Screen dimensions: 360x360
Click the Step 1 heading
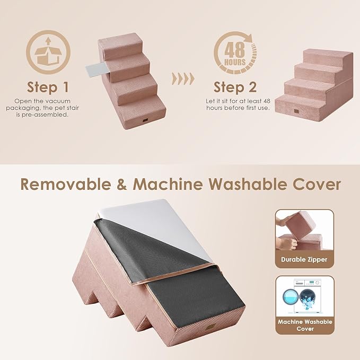(48, 87)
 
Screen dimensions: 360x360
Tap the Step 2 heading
(235, 87)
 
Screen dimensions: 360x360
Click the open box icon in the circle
(48, 51)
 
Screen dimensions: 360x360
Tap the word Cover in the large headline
(315, 184)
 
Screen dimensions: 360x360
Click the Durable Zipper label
(304, 260)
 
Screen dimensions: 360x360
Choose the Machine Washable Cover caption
(304, 325)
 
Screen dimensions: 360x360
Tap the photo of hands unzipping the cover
(304, 232)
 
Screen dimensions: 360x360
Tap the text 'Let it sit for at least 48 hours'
(238, 104)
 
